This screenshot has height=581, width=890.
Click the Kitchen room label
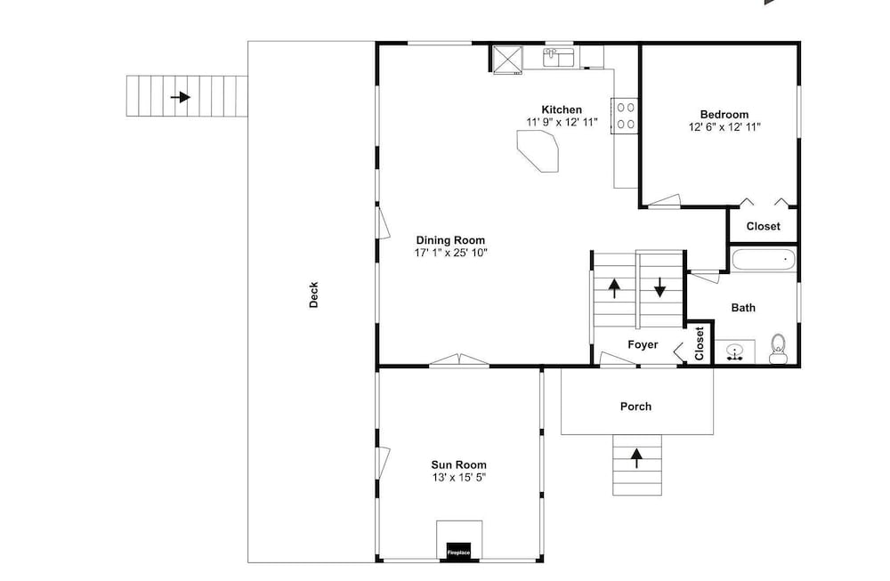tap(562, 109)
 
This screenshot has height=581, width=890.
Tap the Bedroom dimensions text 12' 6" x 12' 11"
tap(724, 127)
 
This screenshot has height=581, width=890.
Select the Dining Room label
tap(450, 240)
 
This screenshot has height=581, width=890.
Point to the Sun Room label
tap(458, 465)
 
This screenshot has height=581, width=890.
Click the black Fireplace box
tap(458, 551)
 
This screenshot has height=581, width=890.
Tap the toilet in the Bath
tap(778, 349)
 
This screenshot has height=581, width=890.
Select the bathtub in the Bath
tap(764, 260)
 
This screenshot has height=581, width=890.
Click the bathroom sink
tap(735, 351)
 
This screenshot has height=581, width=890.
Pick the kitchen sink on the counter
tap(559, 57)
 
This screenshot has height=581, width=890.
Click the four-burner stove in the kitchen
tap(625, 116)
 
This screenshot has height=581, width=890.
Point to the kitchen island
tap(538, 151)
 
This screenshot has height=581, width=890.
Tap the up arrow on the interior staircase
tap(614, 287)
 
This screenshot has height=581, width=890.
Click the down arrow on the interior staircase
tap(659, 287)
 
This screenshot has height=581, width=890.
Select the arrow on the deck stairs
tap(181, 97)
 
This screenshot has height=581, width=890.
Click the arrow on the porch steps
tap(637, 458)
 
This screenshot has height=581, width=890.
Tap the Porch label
tap(635, 407)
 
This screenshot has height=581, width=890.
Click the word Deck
tap(313, 295)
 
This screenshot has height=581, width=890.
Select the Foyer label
tap(643, 344)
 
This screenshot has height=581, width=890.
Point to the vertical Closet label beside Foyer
tap(699, 343)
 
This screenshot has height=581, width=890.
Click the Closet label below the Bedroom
tap(763, 226)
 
